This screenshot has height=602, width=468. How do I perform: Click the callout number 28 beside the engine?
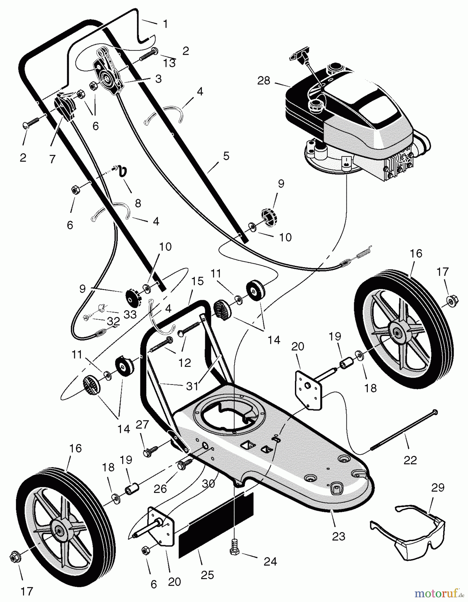click(x=264, y=81)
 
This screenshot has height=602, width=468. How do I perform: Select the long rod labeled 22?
click(x=403, y=431)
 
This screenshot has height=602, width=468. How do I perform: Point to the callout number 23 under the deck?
click(x=338, y=536)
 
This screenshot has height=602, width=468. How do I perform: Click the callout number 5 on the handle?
click(x=226, y=156)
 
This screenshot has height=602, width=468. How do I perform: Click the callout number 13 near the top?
click(x=170, y=63)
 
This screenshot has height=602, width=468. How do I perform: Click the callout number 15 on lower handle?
click(x=197, y=281)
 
